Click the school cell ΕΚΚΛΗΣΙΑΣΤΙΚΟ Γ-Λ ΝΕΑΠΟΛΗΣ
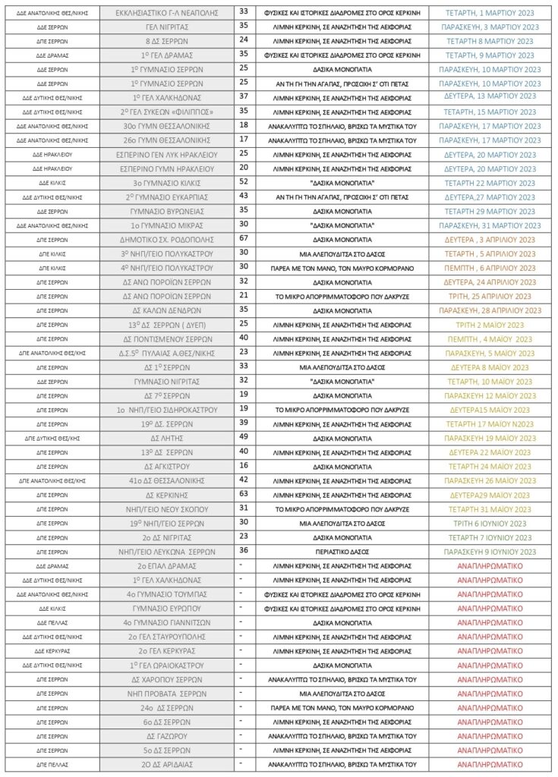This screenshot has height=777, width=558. (x=166, y=13)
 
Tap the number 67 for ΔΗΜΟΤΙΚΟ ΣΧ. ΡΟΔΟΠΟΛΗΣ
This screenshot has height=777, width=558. (x=244, y=239)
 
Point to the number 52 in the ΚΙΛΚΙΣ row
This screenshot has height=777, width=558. (x=244, y=182)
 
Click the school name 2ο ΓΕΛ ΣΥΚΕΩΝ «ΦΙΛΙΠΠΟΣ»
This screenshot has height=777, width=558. (x=166, y=112)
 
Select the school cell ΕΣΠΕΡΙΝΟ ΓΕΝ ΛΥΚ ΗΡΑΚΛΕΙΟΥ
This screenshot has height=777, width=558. (x=166, y=154)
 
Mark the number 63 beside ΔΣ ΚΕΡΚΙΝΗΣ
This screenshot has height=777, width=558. (x=244, y=494)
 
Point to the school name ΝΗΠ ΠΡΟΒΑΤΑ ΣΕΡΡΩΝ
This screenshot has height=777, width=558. (x=166, y=694)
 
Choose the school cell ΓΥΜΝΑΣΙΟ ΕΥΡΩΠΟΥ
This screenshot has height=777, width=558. (x=166, y=609)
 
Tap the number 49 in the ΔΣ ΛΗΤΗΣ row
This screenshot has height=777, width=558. (x=244, y=437)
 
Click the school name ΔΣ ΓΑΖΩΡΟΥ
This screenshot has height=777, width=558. (x=166, y=736)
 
